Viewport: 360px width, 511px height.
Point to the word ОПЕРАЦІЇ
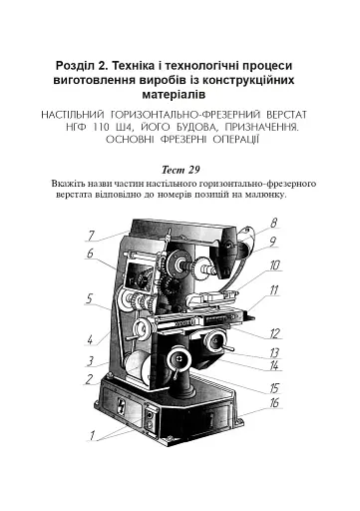click(x=230, y=144)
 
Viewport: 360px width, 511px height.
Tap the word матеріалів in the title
click(x=180, y=96)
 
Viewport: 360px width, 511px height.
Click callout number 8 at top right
click(x=273, y=223)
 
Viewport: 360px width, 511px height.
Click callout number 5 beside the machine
click(x=90, y=297)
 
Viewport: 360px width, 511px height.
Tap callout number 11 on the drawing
click(x=273, y=289)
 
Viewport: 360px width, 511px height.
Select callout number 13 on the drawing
click(x=273, y=352)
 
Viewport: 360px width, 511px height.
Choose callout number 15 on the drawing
click(x=273, y=386)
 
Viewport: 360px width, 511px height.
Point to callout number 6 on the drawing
click(x=90, y=255)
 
